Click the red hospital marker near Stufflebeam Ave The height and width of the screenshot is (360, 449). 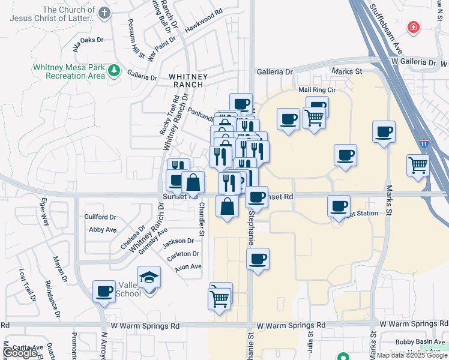click(413, 27)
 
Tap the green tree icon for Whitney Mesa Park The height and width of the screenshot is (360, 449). click(114, 72)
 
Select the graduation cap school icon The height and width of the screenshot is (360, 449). click(149, 278)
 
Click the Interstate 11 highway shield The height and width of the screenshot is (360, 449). click(424, 144)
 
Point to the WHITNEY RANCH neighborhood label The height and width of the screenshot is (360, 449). click(188, 80)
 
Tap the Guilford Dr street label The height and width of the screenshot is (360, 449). click(100, 217)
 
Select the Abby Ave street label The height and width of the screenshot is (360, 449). click(102, 229)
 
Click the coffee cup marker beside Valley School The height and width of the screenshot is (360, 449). click(104, 292)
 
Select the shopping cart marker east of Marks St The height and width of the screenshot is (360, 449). click(418, 165)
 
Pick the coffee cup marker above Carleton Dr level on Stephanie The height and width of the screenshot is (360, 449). click(258, 259)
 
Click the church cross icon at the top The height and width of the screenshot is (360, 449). click(104, 13)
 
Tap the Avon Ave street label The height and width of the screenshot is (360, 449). click(188, 267)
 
